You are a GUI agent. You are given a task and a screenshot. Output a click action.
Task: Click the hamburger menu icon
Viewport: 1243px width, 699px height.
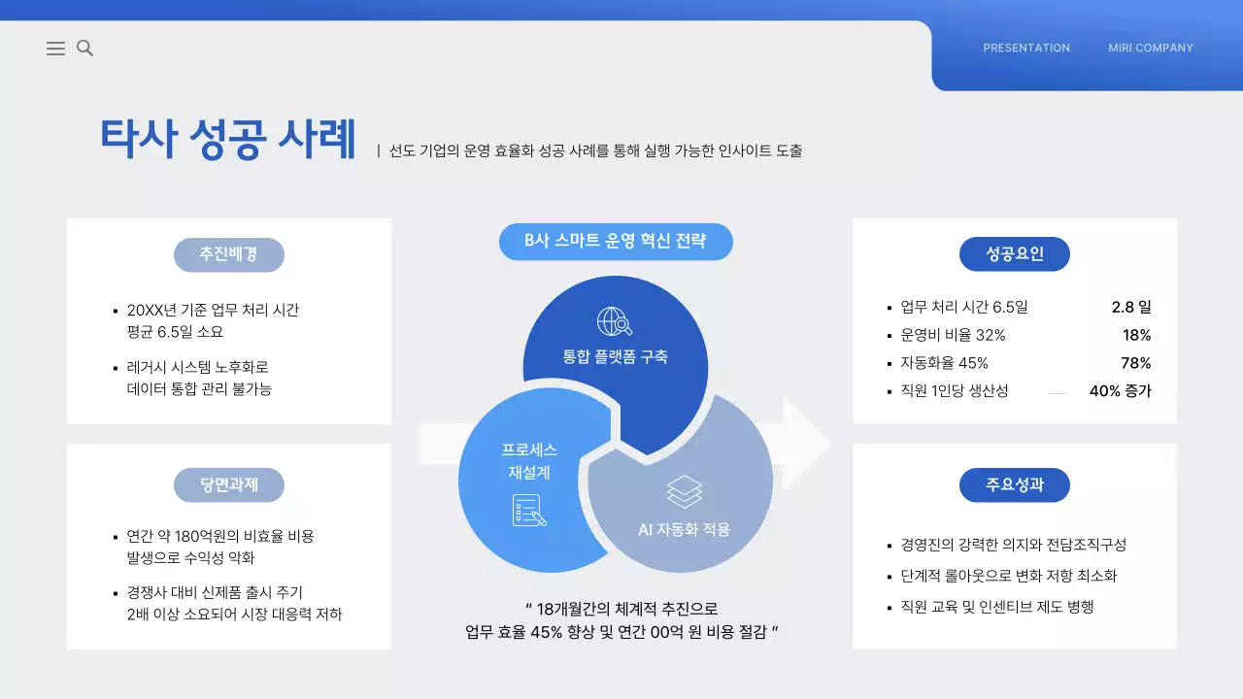[x=55, y=49]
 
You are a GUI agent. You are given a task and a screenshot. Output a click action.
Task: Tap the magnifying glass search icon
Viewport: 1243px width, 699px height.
[x=85, y=49]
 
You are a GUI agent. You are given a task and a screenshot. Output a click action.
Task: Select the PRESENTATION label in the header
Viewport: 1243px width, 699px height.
[x=1026, y=48]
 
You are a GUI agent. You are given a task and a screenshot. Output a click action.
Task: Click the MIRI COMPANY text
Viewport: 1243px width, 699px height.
[x=1151, y=48]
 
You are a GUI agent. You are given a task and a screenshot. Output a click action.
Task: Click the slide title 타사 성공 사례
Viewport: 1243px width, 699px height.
[x=228, y=139]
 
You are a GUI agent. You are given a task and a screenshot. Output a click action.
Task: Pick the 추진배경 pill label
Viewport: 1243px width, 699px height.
[x=229, y=254]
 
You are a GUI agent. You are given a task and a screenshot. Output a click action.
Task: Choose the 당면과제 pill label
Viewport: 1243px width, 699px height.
[x=229, y=484]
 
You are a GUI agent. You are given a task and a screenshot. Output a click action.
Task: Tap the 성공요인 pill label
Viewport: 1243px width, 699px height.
[x=1015, y=254]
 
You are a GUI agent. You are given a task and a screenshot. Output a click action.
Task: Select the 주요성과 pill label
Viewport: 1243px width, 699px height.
[x=1015, y=484]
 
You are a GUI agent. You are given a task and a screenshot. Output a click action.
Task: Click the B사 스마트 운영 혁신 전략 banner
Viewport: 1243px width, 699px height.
[x=616, y=241]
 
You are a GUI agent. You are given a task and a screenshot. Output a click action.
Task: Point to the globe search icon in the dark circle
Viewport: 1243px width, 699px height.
[x=615, y=321]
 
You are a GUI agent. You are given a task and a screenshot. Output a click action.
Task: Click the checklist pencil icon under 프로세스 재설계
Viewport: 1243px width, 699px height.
[x=529, y=510]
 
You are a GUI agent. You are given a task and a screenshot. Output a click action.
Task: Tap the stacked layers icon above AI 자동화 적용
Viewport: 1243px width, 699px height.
[x=685, y=491]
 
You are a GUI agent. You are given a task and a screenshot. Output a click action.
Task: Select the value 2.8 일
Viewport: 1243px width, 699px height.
[x=1131, y=307]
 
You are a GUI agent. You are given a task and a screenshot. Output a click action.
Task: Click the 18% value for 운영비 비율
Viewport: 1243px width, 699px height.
[x=1136, y=335]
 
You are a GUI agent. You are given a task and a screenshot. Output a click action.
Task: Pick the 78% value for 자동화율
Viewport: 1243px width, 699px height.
[x=1136, y=363]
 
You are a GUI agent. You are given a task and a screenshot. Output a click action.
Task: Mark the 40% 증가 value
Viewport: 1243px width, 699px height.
[x=1120, y=391]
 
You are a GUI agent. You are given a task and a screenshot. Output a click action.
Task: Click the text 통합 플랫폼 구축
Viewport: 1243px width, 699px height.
[x=616, y=356]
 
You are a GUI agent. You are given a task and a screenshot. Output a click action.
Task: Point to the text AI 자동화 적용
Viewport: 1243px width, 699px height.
[x=684, y=530]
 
